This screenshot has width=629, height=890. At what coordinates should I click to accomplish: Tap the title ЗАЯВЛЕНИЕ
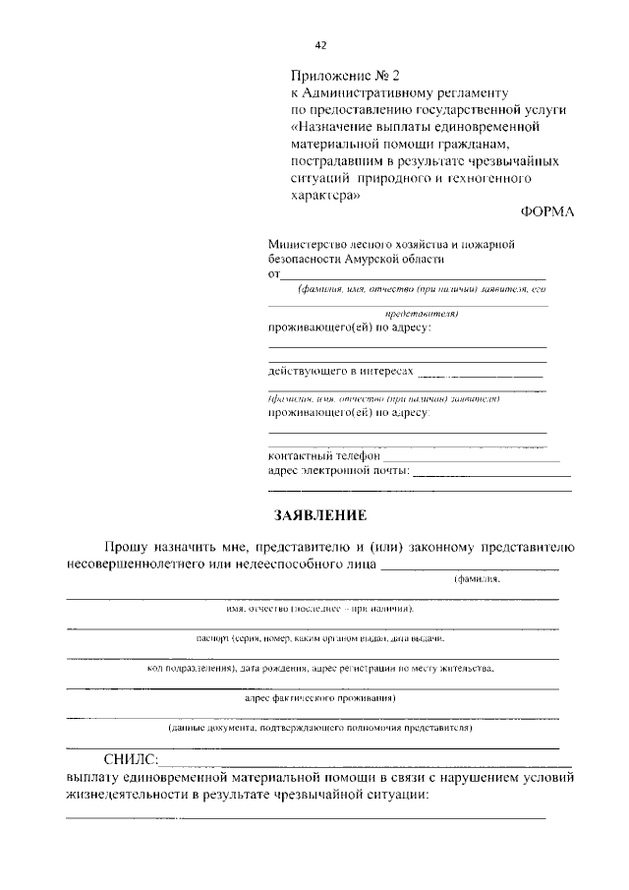click(319, 514)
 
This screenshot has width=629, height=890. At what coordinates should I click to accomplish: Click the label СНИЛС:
click(130, 759)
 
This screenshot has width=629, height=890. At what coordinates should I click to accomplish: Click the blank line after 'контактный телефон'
click(471, 458)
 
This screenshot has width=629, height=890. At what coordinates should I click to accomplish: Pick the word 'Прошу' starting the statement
click(128, 547)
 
